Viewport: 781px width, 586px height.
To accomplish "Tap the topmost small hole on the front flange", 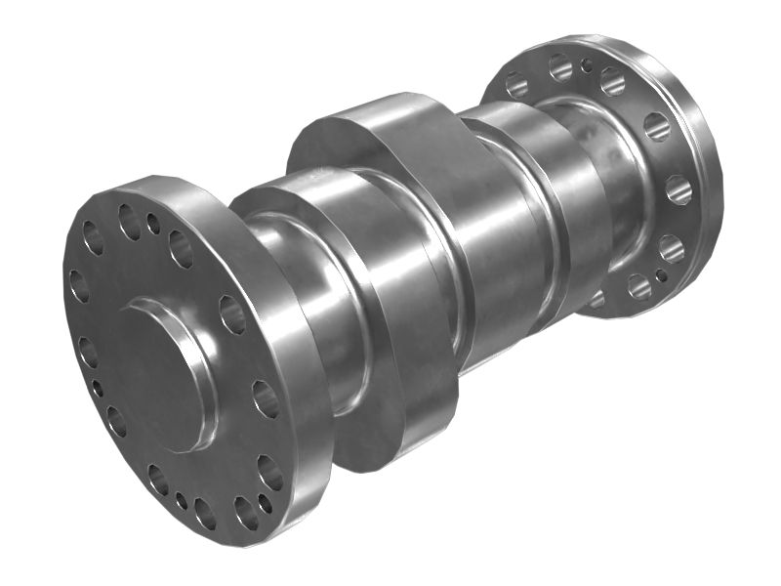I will point(153,224).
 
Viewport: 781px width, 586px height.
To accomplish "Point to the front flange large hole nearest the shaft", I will point(232,314).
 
